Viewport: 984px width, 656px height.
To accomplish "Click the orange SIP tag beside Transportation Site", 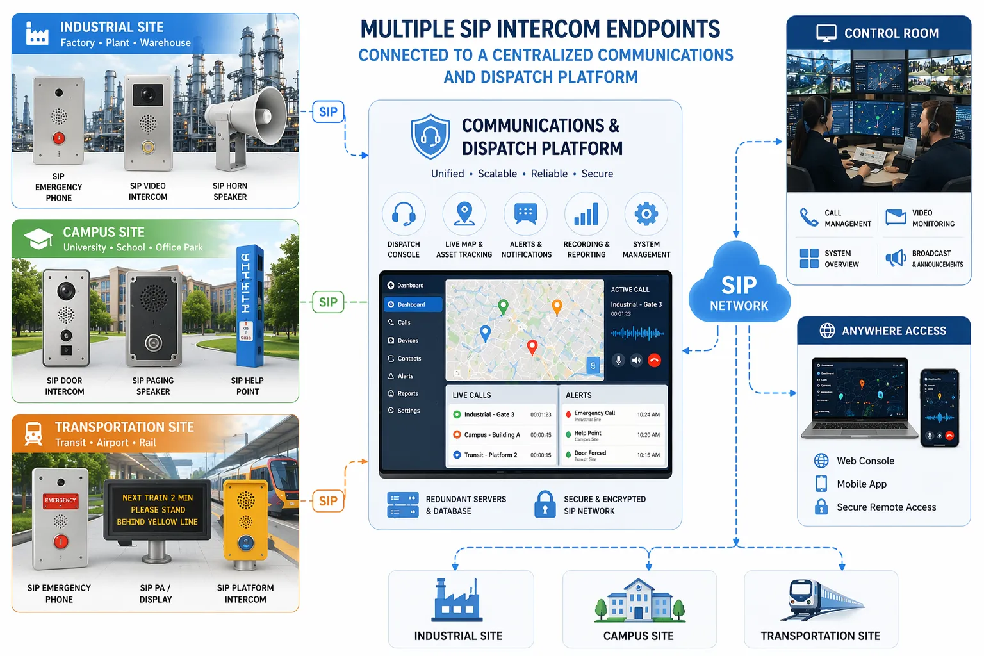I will tap(328, 501).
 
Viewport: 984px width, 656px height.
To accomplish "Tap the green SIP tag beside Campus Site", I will tap(328, 302).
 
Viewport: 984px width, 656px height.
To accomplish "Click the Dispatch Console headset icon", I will tap(404, 214).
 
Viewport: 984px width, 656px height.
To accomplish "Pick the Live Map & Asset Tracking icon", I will tap(464, 214).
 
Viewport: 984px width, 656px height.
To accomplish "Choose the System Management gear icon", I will tap(646, 214).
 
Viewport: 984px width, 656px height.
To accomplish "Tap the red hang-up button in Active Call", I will tap(654, 360).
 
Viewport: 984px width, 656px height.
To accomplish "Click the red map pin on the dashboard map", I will tap(532, 347).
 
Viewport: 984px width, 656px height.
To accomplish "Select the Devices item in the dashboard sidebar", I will tap(407, 341).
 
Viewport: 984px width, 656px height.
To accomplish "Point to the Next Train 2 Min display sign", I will tap(158, 510).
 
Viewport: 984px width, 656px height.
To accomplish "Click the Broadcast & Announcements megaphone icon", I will tap(895, 258).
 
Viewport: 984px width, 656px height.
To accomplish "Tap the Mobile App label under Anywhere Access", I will tap(862, 484).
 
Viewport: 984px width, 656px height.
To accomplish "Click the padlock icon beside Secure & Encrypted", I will tap(545, 504).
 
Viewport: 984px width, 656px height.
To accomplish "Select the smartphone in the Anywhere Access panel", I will tap(939, 407).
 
